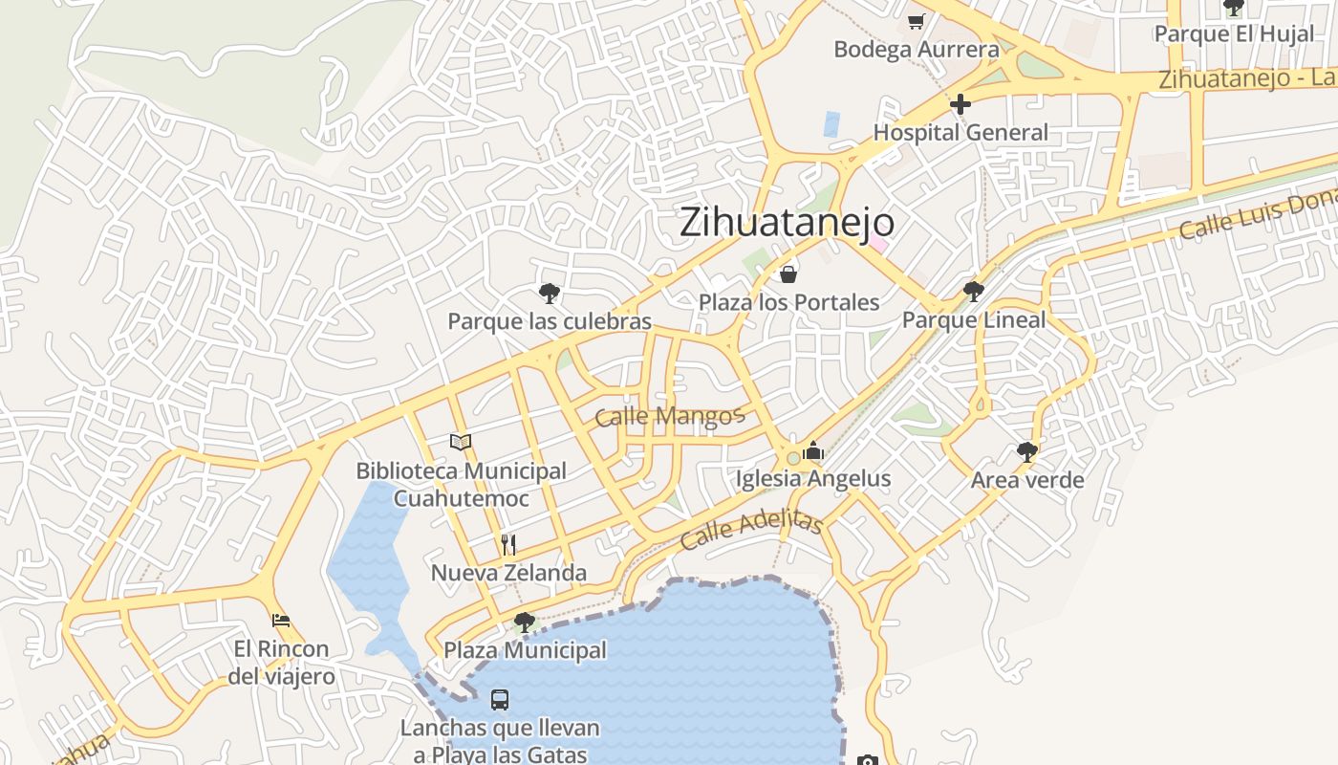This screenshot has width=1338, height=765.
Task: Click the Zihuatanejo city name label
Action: click(787, 223)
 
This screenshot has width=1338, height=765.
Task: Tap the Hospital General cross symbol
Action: click(960, 104)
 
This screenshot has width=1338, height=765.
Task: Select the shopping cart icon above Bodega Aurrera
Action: click(916, 21)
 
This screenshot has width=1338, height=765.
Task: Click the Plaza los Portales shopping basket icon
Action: click(788, 275)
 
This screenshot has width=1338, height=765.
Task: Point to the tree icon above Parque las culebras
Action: click(550, 294)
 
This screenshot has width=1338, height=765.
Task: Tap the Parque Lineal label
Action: click(974, 320)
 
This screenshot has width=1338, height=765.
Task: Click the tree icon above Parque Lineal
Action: click(974, 292)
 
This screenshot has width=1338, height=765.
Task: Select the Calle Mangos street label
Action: click(669, 416)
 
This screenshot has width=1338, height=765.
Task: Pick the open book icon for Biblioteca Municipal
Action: click(461, 442)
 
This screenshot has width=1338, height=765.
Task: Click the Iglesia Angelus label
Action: click(812, 479)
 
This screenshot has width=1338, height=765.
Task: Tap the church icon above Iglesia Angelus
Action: click(813, 450)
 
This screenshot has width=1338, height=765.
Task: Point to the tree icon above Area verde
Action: click(1027, 451)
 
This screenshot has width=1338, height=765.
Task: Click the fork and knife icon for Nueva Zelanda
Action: click(508, 545)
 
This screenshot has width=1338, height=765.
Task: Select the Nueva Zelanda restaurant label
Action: click(508, 574)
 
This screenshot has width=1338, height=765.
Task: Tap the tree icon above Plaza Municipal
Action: click(524, 623)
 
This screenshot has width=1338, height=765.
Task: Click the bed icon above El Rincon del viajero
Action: click(281, 621)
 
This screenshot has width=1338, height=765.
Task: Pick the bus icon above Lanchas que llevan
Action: click(500, 700)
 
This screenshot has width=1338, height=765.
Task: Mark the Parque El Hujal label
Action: click(1233, 34)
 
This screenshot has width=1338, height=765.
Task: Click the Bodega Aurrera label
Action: click(917, 50)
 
